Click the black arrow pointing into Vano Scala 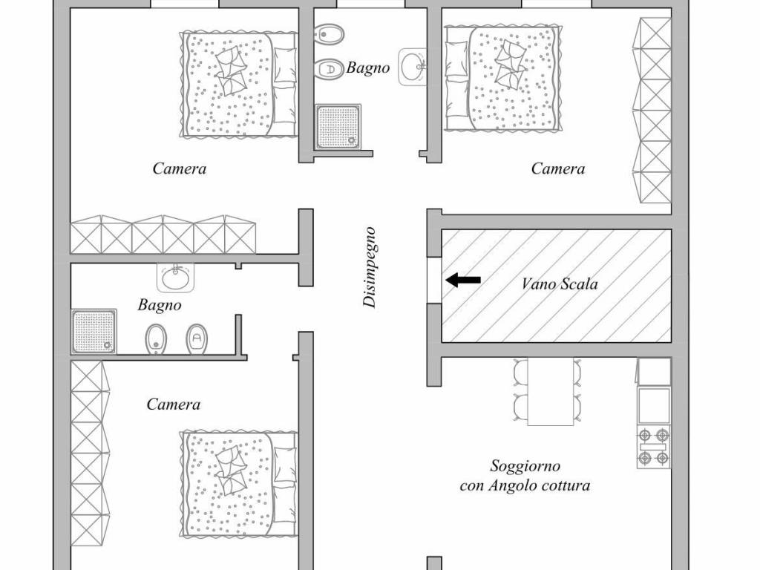(x=463, y=280)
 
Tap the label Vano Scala (x=559, y=284)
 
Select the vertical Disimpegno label (x=370, y=267)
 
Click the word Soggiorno (x=525, y=466)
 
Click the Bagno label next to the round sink (x=368, y=68)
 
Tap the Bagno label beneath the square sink (x=160, y=304)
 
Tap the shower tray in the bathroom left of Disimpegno (x=94, y=331)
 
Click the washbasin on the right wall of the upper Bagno (x=413, y=67)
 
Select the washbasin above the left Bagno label (x=176, y=278)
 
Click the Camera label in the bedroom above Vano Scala (x=558, y=169)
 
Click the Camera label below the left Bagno (x=173, y=404)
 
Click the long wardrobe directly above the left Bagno (x=163, y=235)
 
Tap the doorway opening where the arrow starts (x=435, y=281)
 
